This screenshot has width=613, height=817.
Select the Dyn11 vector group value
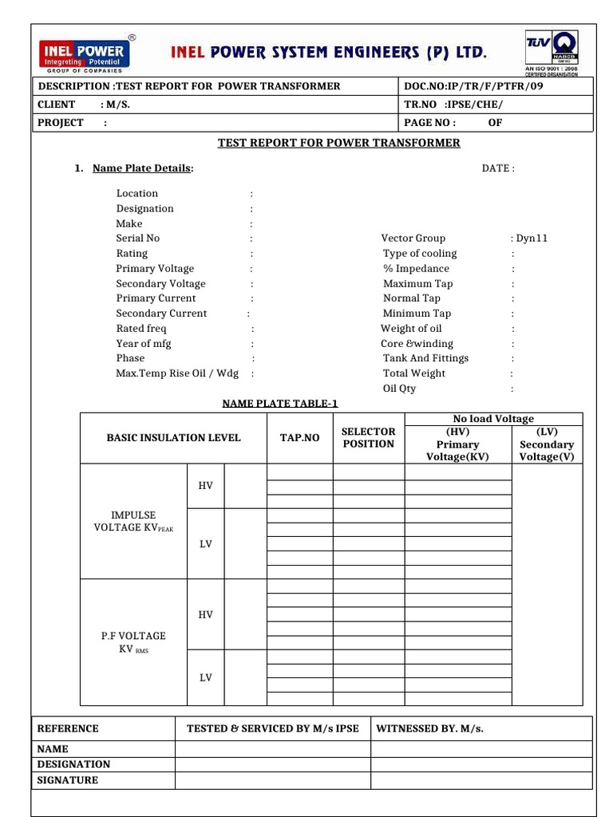532,239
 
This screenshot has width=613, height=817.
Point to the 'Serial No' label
138,239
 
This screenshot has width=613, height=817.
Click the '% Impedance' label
416,269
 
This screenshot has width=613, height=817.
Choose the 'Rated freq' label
141,329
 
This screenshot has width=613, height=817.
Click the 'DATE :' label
498,168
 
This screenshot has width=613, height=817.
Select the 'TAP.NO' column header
299,438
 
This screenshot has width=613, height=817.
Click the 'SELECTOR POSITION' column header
369,438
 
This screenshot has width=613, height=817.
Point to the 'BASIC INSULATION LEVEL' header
173,438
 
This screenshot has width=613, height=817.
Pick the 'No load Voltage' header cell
493,419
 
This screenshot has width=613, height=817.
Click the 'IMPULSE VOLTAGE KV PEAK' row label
133,522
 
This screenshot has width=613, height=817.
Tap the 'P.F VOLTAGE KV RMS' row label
133,642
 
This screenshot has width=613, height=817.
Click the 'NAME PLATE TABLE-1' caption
275,404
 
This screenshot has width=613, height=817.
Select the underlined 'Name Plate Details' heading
141,168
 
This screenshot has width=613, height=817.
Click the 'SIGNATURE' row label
68,780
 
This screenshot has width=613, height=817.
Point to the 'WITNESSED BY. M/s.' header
429,728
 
